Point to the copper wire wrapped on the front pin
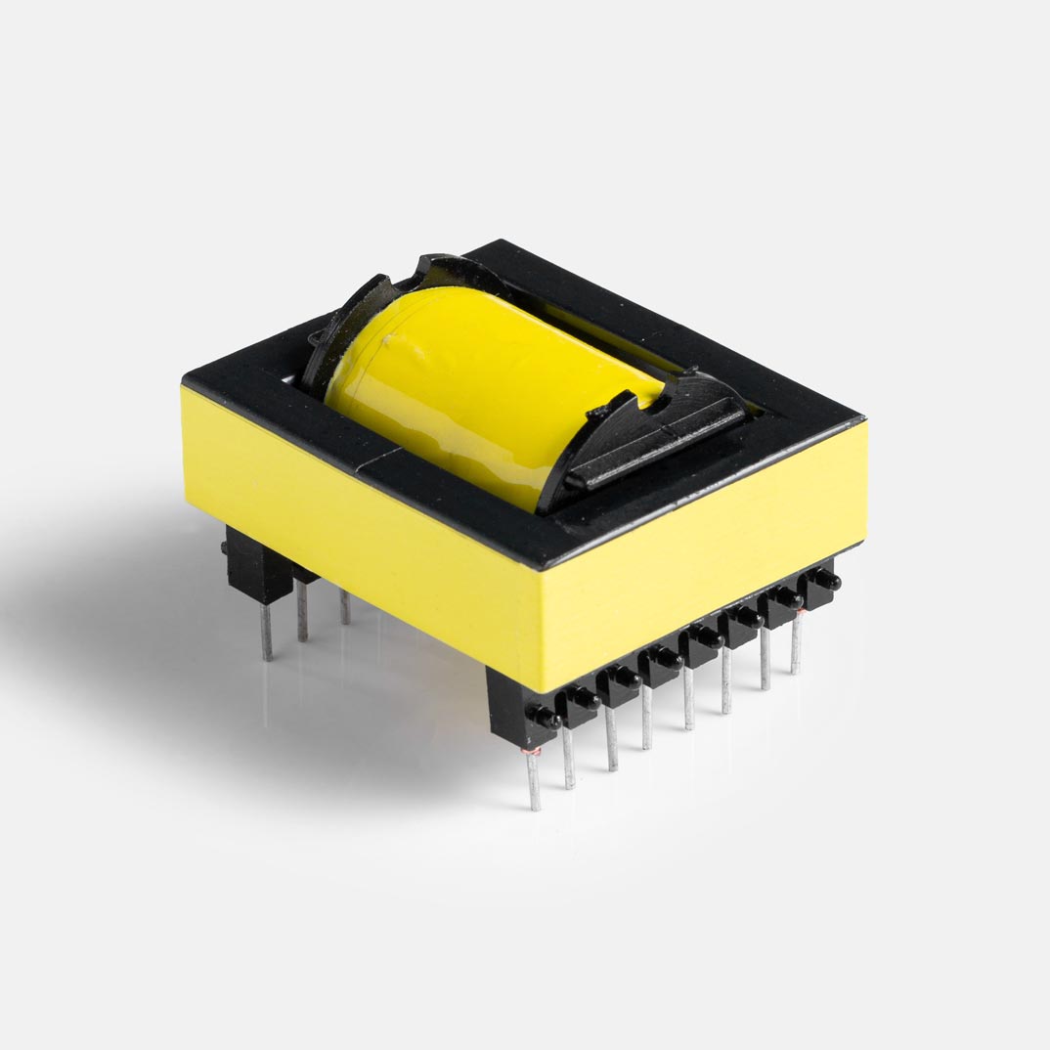533,750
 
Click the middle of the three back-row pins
302,612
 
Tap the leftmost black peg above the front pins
544,720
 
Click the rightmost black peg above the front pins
823,581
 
